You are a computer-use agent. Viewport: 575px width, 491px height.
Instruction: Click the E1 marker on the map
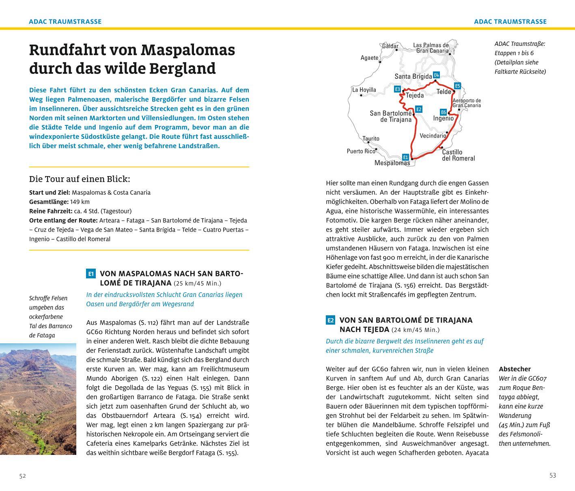pyautogui.click(x=405, y=157)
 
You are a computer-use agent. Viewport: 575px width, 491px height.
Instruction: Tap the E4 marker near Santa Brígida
pyautogui.click(x=436, y=75)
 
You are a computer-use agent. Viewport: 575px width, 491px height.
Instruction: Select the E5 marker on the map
pyautogui.click(x=457, y=86)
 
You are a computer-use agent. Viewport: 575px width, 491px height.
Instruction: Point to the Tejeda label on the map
pyautogui.click(x=415, y=95)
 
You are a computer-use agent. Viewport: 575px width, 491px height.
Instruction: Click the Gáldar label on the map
pyautogui.click(x=390, y=46)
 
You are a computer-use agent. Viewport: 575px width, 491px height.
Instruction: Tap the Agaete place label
pyautogui.click(x=369, y=58)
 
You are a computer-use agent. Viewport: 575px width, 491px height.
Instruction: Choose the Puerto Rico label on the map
pyautogui.click(x=361, y=151)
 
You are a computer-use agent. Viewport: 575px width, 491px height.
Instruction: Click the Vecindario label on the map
pyautogui.click(x=433, y=136)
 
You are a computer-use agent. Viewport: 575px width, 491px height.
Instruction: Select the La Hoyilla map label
pyautogui.click(x=364, y=90)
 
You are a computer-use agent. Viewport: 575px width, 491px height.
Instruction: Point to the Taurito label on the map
pyautogui.click(x=371, y=139)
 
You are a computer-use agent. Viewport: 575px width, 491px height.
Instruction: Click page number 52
pyautogui.click(x=23, y=476)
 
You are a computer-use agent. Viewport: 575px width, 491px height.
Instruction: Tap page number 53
pyautogui.click(x=552, y=476)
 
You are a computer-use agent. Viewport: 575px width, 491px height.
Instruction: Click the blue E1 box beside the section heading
pyautogui.click(x=90, y=274)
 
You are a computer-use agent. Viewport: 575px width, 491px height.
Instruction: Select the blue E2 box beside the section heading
pyautogui.click(x=330, y=320)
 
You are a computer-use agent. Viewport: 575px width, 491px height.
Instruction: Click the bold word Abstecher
pyautogui.click(x=515, y=369)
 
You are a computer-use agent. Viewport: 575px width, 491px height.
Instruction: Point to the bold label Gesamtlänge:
pyautogui.click(x=45, y=202)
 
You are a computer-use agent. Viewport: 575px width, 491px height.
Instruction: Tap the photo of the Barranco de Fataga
pyautogui.click(x=38, y=398)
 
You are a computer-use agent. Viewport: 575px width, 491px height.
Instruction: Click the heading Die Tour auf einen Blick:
pyautogui.click(x=80, y=179)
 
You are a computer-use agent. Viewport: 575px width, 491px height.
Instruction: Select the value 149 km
pyautogui.click(x=80, y=202)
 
